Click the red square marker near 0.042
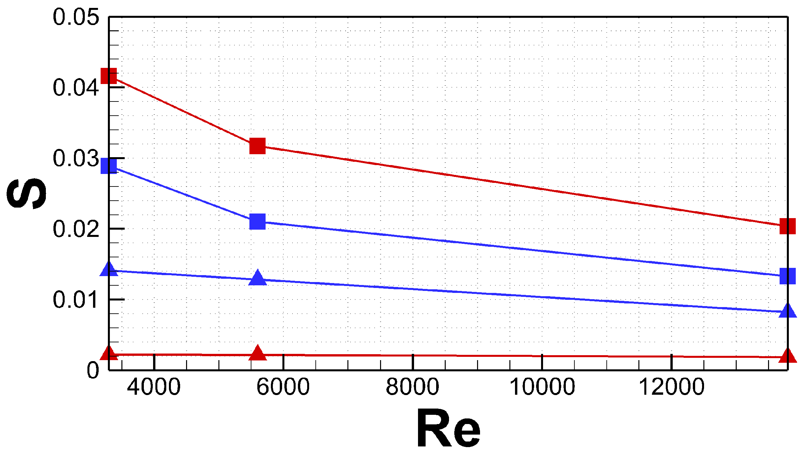point(109,76)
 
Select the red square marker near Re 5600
point(257,146)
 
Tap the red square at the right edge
point(788,226)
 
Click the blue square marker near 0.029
point(109,166)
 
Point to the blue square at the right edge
point(788,276)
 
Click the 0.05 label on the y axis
point(76,17)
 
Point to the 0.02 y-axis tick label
point(76,229)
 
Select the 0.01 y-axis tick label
point(76,300)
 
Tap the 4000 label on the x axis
point(154,387)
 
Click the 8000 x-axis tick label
point(412,387)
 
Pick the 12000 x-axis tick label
point(672,387)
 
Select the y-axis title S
point(26,193)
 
